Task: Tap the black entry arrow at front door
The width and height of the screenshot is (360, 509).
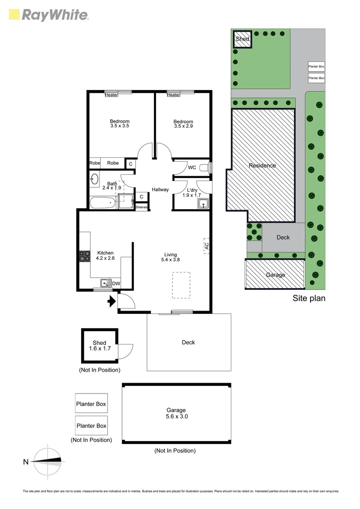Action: (x=112, y=301)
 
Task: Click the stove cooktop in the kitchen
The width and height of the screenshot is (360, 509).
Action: (x=85, y=256)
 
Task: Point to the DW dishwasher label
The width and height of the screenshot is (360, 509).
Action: (x=116, y=284)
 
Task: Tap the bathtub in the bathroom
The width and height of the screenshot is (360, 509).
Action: (x=103, y=204)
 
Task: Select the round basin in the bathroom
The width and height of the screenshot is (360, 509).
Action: (x=94, y=179)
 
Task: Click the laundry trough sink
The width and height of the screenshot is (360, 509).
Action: (x=204, y=204)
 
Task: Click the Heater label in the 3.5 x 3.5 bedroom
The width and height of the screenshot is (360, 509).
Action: (x=111, y=95)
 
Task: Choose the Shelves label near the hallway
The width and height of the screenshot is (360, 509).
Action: (x=141, y=207)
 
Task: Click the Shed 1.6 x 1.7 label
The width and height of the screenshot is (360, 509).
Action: (x=99, y=346)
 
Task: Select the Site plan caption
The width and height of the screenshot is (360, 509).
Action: (x=309, y=298)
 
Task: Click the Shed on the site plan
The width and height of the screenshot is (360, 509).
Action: (x=242, y=39)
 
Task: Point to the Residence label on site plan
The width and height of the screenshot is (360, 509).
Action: (x=262, y=165)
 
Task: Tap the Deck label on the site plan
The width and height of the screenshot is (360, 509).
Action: (x=283, y=238)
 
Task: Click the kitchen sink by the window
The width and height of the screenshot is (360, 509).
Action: (x=104, y=283)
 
